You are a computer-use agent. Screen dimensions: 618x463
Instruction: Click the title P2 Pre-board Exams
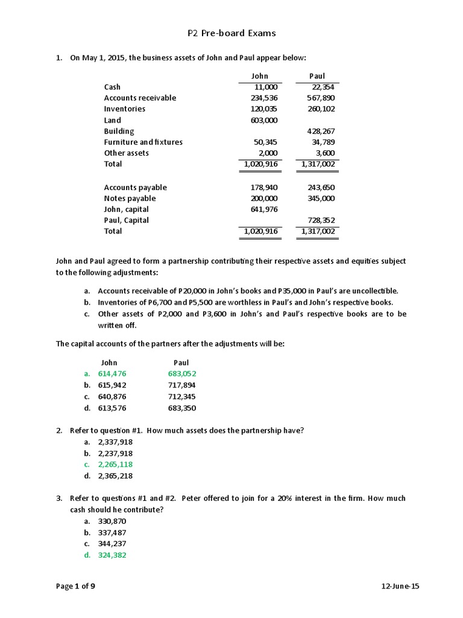click(231, 33)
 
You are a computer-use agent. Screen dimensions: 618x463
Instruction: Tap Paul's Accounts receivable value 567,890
click(321, 98)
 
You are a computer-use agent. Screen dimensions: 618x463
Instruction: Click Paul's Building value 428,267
click(321, 131)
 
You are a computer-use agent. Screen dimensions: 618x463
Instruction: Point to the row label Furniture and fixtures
click(143, 142)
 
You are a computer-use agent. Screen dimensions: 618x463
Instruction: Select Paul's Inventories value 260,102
click(321, 109)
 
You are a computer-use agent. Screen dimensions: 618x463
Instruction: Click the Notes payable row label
click(130, 198)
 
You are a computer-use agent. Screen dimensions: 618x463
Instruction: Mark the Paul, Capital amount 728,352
click(321, 220)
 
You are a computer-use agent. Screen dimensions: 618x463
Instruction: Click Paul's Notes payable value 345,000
click(321, 198)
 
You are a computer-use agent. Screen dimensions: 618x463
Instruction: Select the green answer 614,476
click(112, 374)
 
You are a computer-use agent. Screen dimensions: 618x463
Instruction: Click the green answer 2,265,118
click(115, 464)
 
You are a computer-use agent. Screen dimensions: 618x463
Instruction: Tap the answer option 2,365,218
click(115, 476)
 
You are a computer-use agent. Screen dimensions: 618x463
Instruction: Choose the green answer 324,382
click(112, 555)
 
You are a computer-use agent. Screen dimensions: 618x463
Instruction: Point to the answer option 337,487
click(112, 532)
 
